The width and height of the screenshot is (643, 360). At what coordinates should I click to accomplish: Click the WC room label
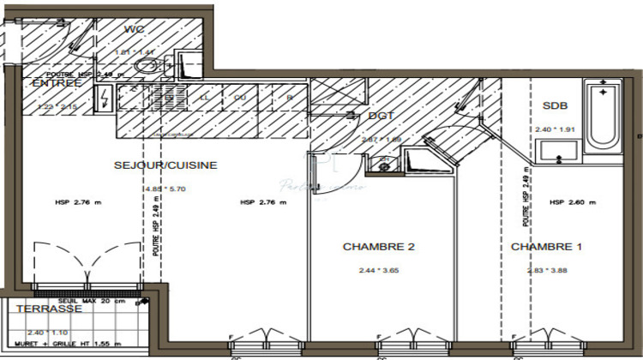point(134,29)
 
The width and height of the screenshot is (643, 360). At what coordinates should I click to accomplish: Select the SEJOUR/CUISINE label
point(165,165)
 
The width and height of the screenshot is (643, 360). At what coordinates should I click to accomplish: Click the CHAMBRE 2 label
point(378,247)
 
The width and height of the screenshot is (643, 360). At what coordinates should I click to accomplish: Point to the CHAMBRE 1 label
point(546,247)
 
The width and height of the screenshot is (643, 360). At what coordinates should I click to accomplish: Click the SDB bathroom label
point(556,105)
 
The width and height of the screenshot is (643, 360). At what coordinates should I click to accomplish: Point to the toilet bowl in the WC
point(147,67)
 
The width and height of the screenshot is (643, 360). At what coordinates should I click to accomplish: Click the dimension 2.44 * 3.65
point(378,270)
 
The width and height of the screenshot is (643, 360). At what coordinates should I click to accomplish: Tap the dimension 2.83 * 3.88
point(546,270)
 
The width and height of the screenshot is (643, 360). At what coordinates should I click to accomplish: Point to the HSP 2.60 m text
point(573,202)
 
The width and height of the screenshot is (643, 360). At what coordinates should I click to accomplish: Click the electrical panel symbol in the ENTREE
point(104,100)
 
